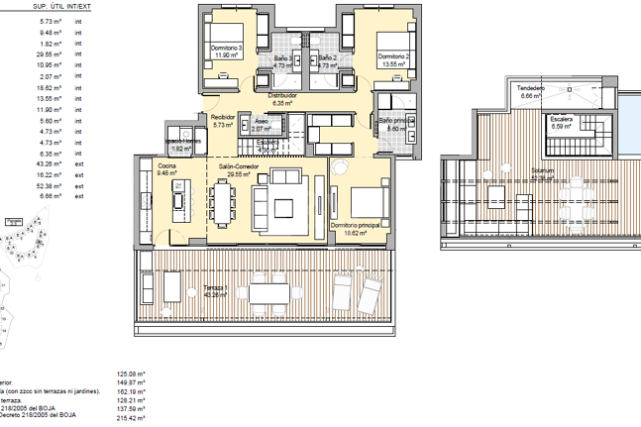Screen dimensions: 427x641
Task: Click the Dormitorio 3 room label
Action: (x=227, y=50)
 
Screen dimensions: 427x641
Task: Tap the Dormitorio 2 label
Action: (x=393, y=56)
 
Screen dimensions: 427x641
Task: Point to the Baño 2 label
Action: (x=328, y=58)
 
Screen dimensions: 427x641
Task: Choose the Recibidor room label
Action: (x=222, y=117)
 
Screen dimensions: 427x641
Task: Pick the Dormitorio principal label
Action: (x=355, y=226)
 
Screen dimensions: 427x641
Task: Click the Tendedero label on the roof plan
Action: (x=531, y=89)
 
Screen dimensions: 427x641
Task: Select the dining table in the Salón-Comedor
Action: (x=223, y=203)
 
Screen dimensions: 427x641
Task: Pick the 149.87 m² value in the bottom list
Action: (x=131, y=382)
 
